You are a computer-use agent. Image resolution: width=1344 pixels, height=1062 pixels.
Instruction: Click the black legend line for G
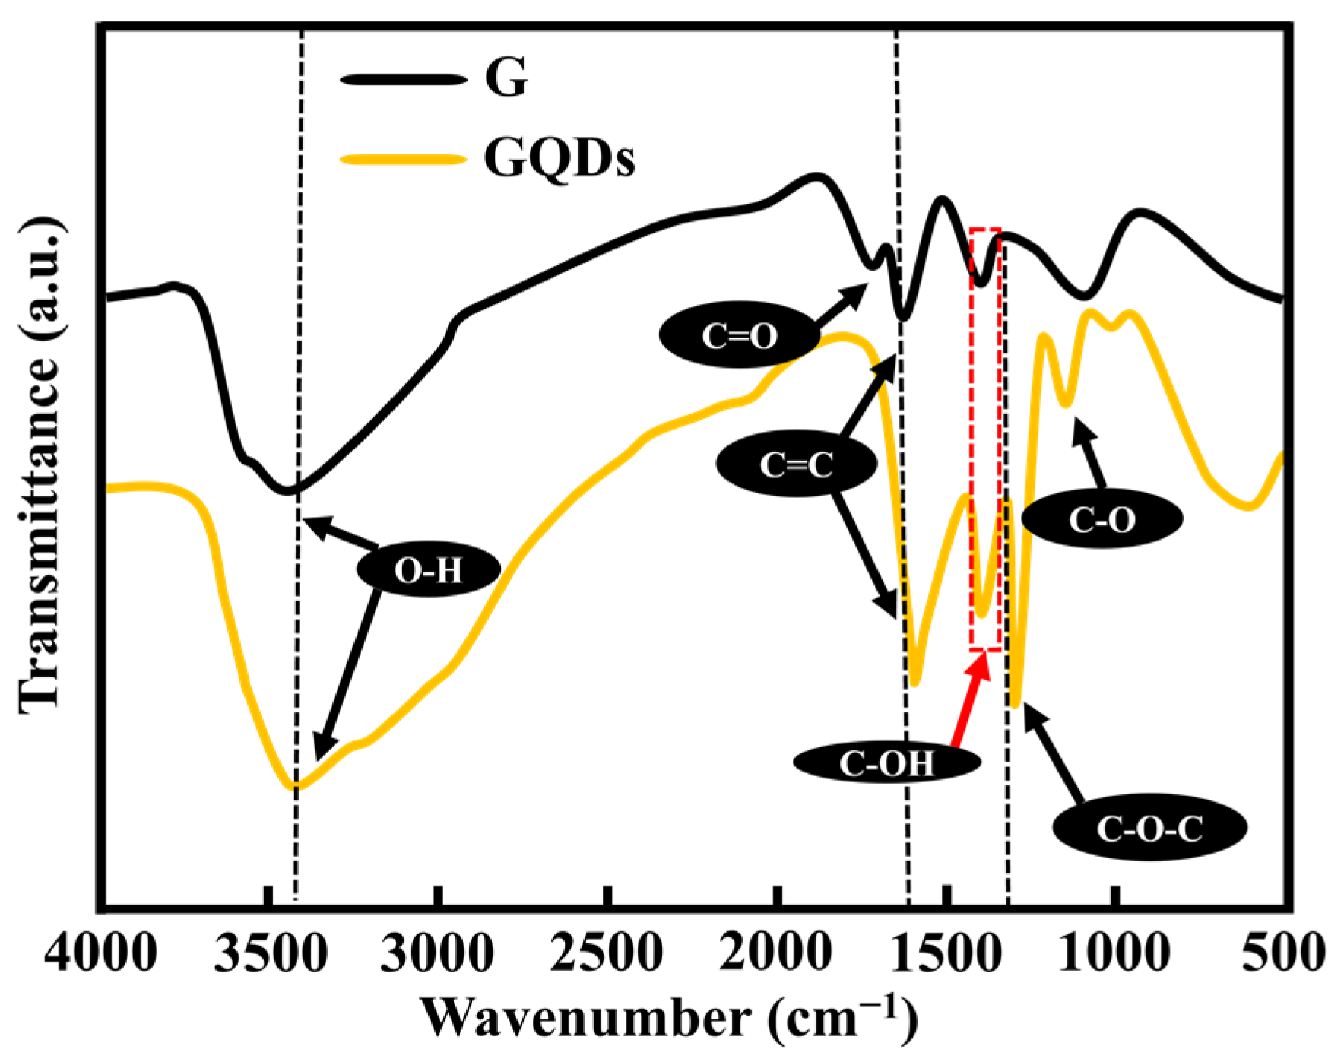coord(403,79)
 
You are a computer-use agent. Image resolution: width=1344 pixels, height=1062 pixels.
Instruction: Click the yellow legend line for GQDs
coord(403,159)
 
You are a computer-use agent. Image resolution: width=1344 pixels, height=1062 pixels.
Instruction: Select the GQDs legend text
coord(559,159)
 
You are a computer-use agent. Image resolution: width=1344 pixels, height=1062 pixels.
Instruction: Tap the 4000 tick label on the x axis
coord(100,952)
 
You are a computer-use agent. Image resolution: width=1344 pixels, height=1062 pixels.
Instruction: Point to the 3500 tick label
coord(270,952)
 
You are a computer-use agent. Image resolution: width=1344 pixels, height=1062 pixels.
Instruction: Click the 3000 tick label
coord(437,952)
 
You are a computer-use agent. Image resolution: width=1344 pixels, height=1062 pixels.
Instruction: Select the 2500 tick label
coord(606,952)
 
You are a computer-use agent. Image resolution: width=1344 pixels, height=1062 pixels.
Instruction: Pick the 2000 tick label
coord(775,952)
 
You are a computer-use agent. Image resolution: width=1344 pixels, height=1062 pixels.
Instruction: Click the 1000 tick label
coord(1114,952)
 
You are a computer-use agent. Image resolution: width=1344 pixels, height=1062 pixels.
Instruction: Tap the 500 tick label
coord(1283,952)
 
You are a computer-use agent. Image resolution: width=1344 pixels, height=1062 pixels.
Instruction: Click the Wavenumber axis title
coord(669,1017)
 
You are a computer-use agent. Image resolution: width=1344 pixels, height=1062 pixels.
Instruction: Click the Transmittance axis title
coord(40,465)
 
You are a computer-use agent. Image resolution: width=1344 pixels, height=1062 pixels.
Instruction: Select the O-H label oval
coord(428,570)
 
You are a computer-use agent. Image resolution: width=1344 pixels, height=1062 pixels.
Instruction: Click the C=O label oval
coord(739,335)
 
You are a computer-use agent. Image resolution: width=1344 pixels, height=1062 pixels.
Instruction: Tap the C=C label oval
coord(796,464)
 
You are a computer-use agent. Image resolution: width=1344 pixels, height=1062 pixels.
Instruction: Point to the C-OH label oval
coord(886,762)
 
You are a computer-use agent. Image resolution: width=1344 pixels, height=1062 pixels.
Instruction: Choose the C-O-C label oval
coord(1149,828)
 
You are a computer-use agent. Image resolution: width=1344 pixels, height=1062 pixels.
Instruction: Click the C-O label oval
coord(1102,519)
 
